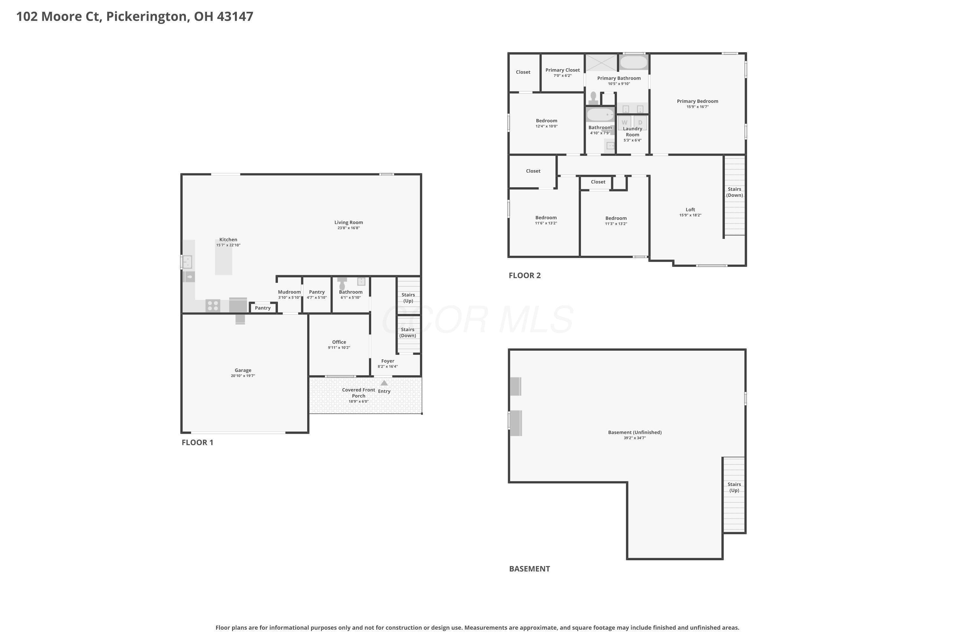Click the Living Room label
point(348,222)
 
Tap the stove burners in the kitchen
point(213,305)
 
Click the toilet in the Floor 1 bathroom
point(342,283)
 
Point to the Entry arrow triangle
point(384,383)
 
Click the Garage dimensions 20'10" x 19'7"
point(243,376)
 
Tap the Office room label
point(339,342)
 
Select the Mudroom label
point(289,292)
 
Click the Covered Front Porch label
point(358,393)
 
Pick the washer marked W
point(625,123)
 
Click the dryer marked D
point(640,123)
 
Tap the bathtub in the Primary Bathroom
point(633,62)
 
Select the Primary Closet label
point(562,70)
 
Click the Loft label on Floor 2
point(690,210)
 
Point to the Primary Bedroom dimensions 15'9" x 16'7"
point(697,107)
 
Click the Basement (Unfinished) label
point(635,432)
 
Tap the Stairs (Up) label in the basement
point(734,487)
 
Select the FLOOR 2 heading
point(525,276)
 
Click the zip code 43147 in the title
point(235,16)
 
